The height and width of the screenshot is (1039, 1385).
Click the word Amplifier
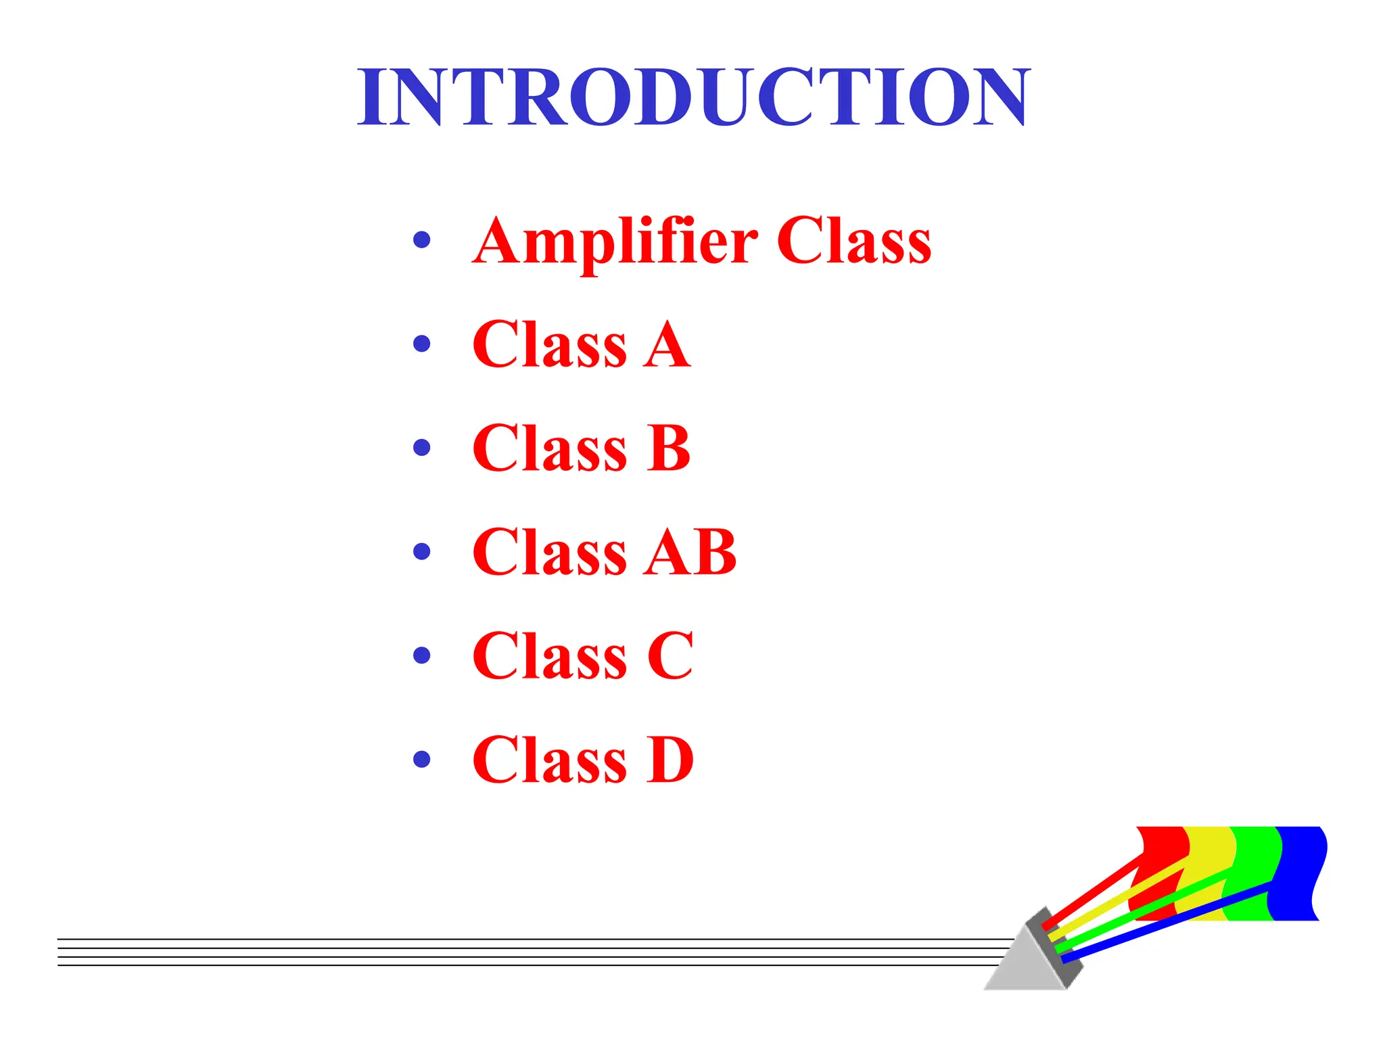(614, 242)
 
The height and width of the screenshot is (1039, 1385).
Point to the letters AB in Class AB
(690, 553)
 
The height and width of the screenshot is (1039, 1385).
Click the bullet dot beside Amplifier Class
(421, 240)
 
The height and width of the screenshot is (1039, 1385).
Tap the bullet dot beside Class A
(421, 344)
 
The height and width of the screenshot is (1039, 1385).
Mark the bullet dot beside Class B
(421, 448)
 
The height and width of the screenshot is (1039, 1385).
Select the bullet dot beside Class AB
(421, 551)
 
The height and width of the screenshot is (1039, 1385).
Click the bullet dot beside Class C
(421, 655)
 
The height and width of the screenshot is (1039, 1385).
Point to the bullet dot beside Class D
(421, 759)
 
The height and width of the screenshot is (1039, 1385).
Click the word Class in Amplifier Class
(853, 241)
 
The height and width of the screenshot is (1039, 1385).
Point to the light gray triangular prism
(1025, 967)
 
